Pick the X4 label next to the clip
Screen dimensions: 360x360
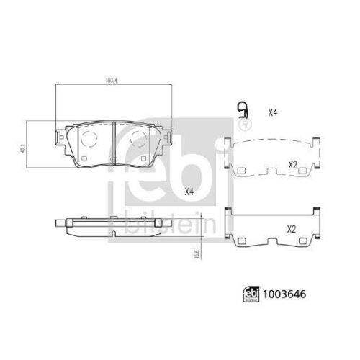coord(272,112)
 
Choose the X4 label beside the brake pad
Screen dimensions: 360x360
coord(189,192)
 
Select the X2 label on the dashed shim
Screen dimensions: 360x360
coord(292,165)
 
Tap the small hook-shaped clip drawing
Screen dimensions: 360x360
coord(243,110)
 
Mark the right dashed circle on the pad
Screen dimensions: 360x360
coord(138,138)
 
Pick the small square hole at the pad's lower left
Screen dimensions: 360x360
coord(85,158)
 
